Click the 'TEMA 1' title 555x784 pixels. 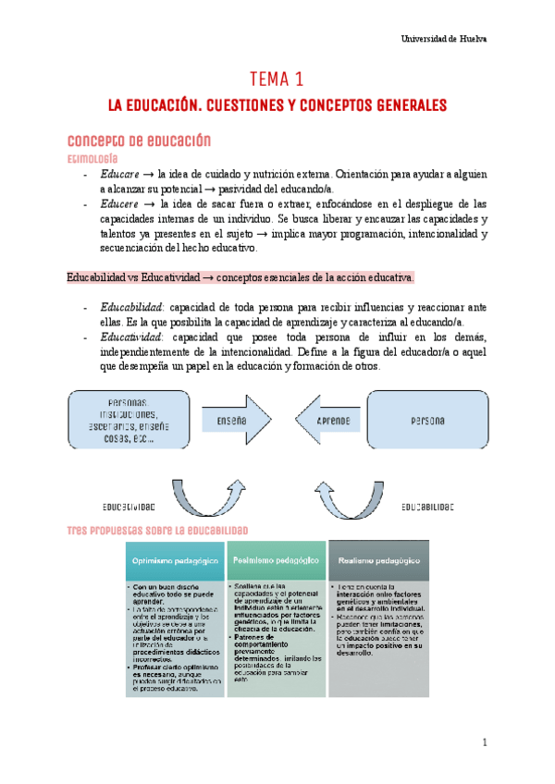(x=277, y=80)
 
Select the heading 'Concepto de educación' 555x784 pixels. (x=140, y=141)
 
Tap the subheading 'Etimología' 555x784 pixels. (x=96, y=158)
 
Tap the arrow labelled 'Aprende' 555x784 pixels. (x=331, y=421)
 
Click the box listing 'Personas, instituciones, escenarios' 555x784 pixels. (x=132, y=422)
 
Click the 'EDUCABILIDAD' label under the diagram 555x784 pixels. (x=427, y=508)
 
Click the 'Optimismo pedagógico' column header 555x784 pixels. (x=175, y=560)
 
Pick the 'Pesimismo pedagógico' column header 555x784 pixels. (x=277, y=560)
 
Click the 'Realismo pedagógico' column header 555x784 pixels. (x=378, y=560)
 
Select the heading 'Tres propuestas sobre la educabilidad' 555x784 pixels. (x=158, y=529)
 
